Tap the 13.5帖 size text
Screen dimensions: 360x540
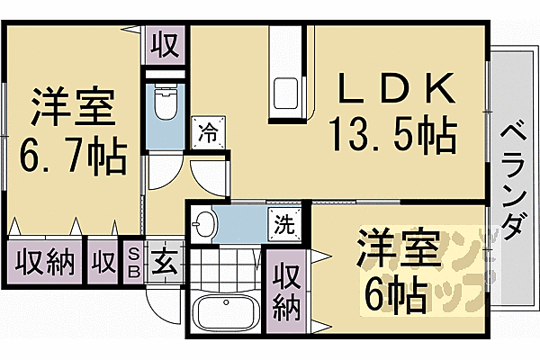pos(394,138)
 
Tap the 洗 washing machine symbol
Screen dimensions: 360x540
pos(283,222)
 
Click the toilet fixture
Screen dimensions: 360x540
pos(166,103)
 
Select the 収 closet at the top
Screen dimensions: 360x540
pos(164,42)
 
